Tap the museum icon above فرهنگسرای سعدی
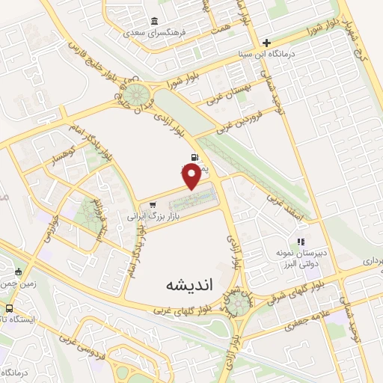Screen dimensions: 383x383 pyautogui.click(x=154, y=21)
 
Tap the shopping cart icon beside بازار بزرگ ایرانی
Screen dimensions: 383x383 pyautogui.click(x=153, y=204)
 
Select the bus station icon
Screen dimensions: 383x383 pyautogui.click(x=9, y=308)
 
